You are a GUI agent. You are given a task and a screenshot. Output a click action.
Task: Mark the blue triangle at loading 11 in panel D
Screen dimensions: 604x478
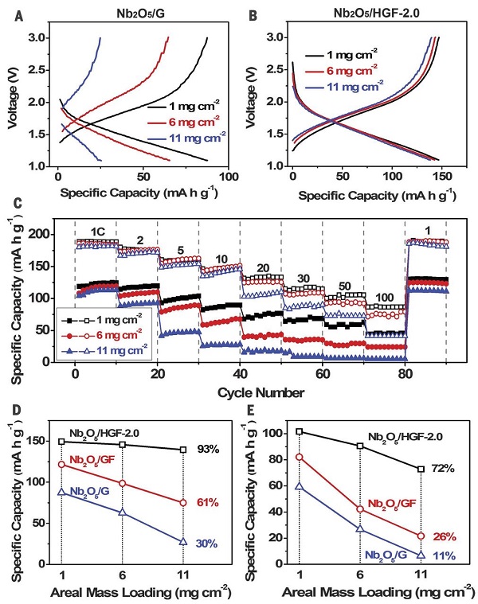pyautogui.click(x=182, y=542)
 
